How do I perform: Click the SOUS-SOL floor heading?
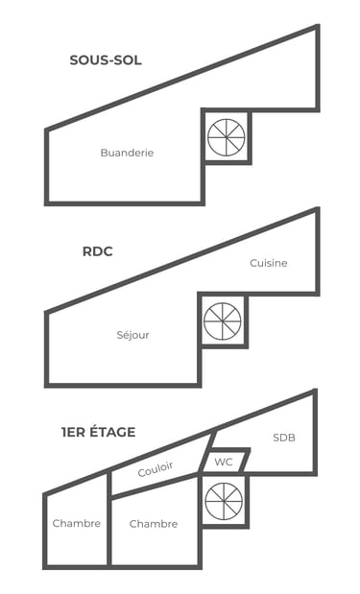pyautogui.click(x=106, y=60)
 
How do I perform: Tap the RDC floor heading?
pyautogui.click(x=98, y=251)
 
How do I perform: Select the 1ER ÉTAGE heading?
pyautogui.click(x=98, y=432)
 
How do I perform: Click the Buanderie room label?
pyautogui.click(x=127, y=153)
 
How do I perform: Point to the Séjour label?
pyautogui.click(x=132, y=335)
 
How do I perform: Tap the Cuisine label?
pyautogui.click(x=268, y=263)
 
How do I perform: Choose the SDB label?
pyautogui.click(x=283, y=438)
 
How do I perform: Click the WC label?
pyautogui.click(x=224, y=462)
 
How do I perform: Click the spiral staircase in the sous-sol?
pyautogui.click(x=227, y=137)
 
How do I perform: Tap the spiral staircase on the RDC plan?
pyautogui.click(x=223, y=321)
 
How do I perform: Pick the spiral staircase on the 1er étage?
pyautogui.click(x=224, y=502)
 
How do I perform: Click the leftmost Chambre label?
pyautogui.click(x=77, y=523)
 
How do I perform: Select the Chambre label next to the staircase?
pyautogui.click(x=154, y=524)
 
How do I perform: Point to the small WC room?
pyautogui.click(x=225, y=462)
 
